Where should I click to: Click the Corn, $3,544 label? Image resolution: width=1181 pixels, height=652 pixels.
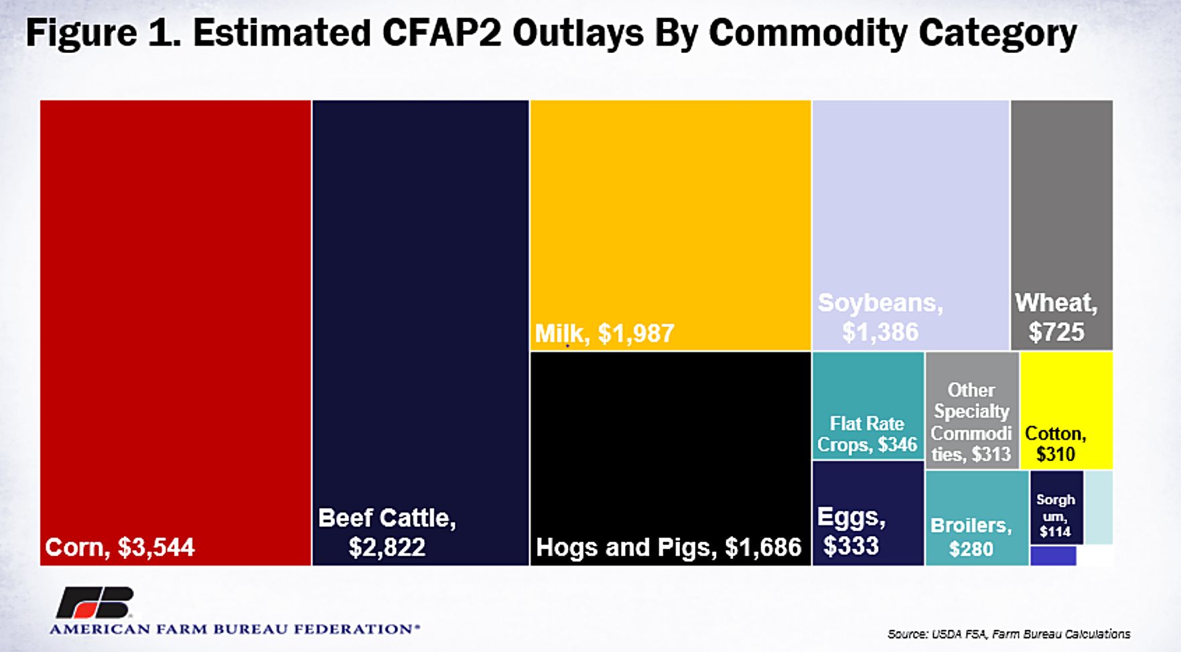(119, 547)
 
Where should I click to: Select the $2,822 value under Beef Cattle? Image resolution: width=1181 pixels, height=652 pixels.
(387, 547)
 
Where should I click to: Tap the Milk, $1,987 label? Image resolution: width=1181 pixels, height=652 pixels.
(604, 333)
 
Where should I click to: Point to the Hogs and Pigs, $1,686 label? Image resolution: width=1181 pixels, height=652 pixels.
(668, 547)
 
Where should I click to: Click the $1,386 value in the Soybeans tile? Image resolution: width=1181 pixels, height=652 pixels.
(880, 332)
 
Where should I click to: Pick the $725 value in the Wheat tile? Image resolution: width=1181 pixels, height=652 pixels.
(1056, 332)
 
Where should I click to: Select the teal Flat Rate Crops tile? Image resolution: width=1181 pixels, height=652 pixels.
(867, 405)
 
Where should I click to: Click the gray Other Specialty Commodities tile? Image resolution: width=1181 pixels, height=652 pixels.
(971, 410)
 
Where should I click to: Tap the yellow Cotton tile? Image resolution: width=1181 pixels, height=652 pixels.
(1066, 410)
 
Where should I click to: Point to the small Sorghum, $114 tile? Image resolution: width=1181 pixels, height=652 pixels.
(1056, 507)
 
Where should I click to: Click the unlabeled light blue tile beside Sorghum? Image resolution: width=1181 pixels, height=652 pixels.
(1099, 507)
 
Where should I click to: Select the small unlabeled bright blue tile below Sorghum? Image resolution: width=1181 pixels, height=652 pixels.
(1053, 556)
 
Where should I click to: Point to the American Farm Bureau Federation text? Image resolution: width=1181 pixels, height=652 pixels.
(234, 629)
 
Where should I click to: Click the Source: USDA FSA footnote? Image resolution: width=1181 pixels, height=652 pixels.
(1008, 633)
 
